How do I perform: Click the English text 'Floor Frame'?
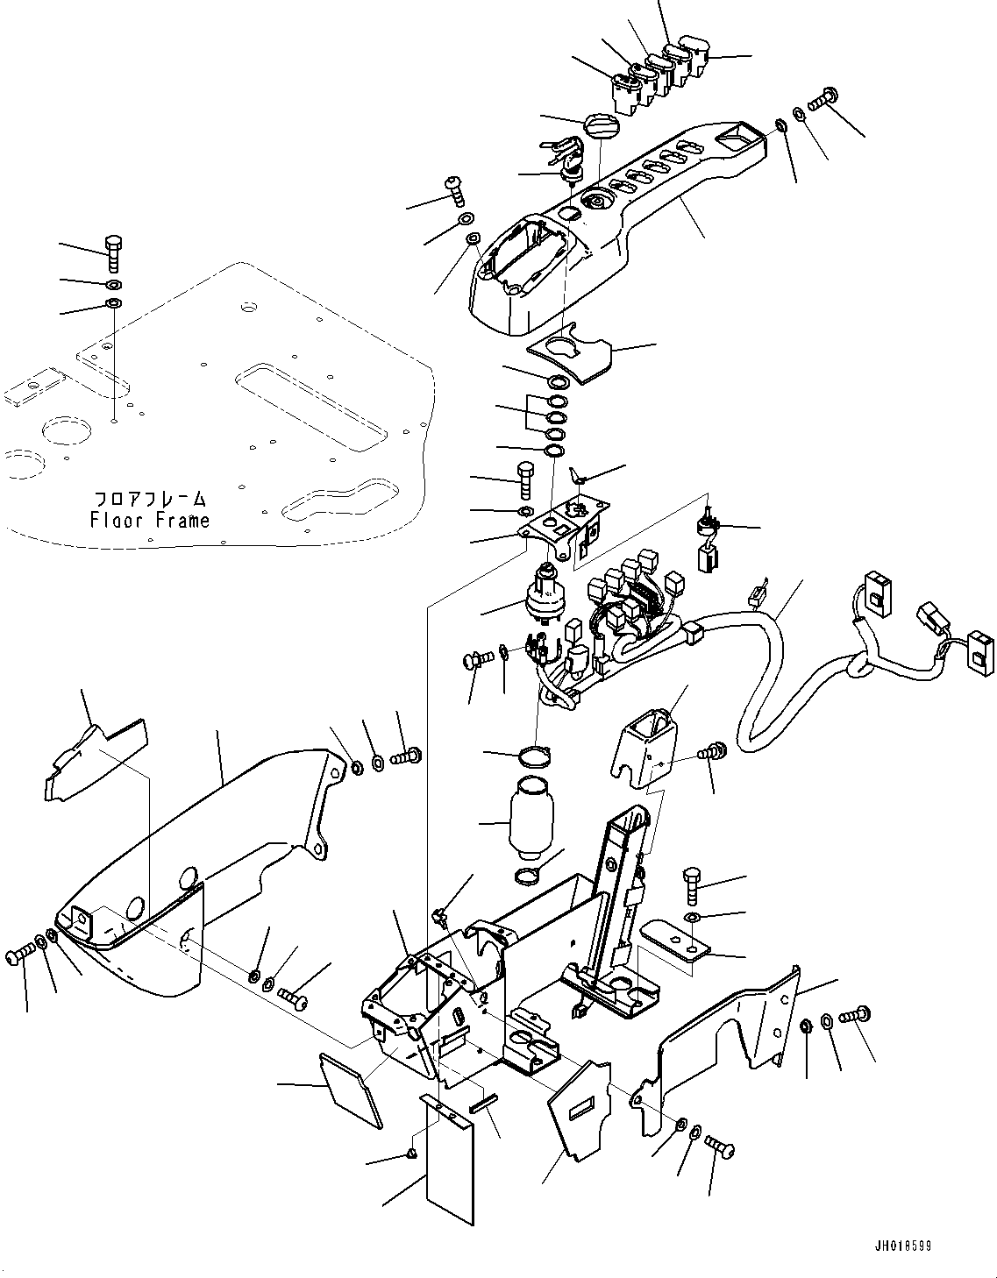(x=150, y=520)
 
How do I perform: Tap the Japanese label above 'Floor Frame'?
(x=150, y=499)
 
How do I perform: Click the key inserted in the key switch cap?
(x=561, y=147)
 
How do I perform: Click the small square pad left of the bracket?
(x=351, y=1088)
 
